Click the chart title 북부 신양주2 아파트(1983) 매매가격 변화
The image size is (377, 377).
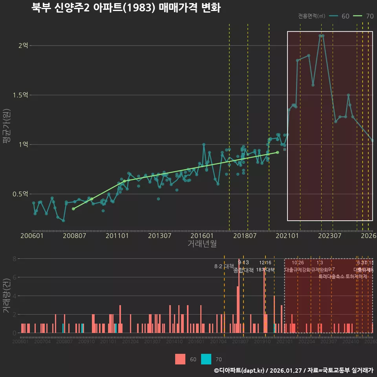[126, 8]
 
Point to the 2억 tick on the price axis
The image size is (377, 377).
[23, 46]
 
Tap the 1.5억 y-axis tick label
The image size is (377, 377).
[20, 95]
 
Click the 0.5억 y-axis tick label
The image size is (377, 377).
[20, 194]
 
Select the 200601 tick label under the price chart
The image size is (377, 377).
[32, 236]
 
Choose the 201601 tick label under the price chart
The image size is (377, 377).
[202, 236]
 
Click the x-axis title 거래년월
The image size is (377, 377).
[202, 243]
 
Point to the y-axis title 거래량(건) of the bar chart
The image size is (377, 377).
[7, 296]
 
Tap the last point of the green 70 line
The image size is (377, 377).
[278, 152]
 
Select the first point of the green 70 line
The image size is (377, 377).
[73, 209]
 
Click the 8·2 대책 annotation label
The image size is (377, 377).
[224, 266]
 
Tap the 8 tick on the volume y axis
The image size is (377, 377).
[14, 259]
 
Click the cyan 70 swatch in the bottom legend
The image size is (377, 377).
[206, 359]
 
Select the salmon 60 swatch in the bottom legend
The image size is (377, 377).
[180, 359]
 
